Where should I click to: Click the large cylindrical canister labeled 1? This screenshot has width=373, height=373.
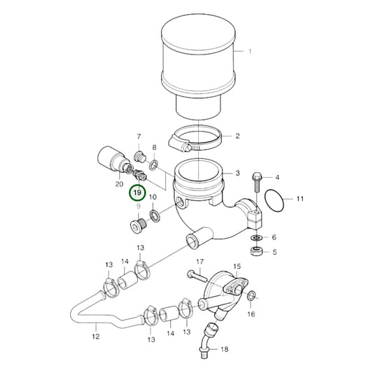point(196,63)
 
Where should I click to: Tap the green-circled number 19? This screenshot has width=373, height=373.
point(137,192)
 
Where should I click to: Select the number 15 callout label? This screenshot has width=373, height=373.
point(237,267)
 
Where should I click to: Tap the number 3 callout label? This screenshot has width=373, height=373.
point(237,173)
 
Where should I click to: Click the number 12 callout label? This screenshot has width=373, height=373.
point(97,336)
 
